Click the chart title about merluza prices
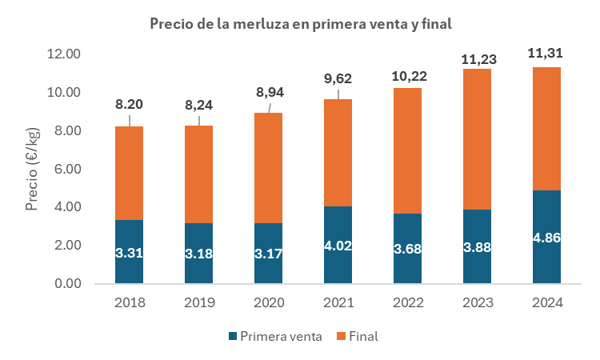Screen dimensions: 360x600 (x=301, y=24)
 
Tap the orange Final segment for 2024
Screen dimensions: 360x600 (x=547, y=128)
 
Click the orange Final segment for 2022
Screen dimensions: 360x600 (x=408, y=150)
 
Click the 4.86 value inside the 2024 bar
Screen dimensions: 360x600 (x=547, y=238)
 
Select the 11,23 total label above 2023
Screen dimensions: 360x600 (x=478, y=58)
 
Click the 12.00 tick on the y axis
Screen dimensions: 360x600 (x=63, y=54)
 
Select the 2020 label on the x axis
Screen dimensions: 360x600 (x=269, y=303)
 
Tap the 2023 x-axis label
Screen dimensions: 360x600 (x=478, y=303)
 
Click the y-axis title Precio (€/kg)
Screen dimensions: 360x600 (x=33, y=170)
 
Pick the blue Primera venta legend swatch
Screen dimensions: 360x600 (x=234, y=337)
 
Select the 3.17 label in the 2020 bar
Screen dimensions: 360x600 (x=269, y=254)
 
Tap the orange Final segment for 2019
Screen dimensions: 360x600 (x=199, y=174)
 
